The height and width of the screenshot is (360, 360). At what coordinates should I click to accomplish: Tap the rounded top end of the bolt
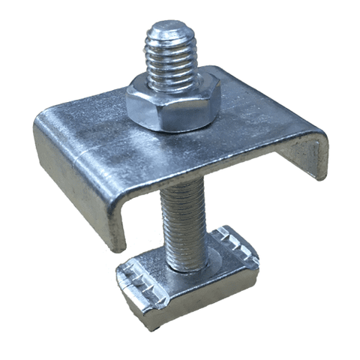pos(169,31)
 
